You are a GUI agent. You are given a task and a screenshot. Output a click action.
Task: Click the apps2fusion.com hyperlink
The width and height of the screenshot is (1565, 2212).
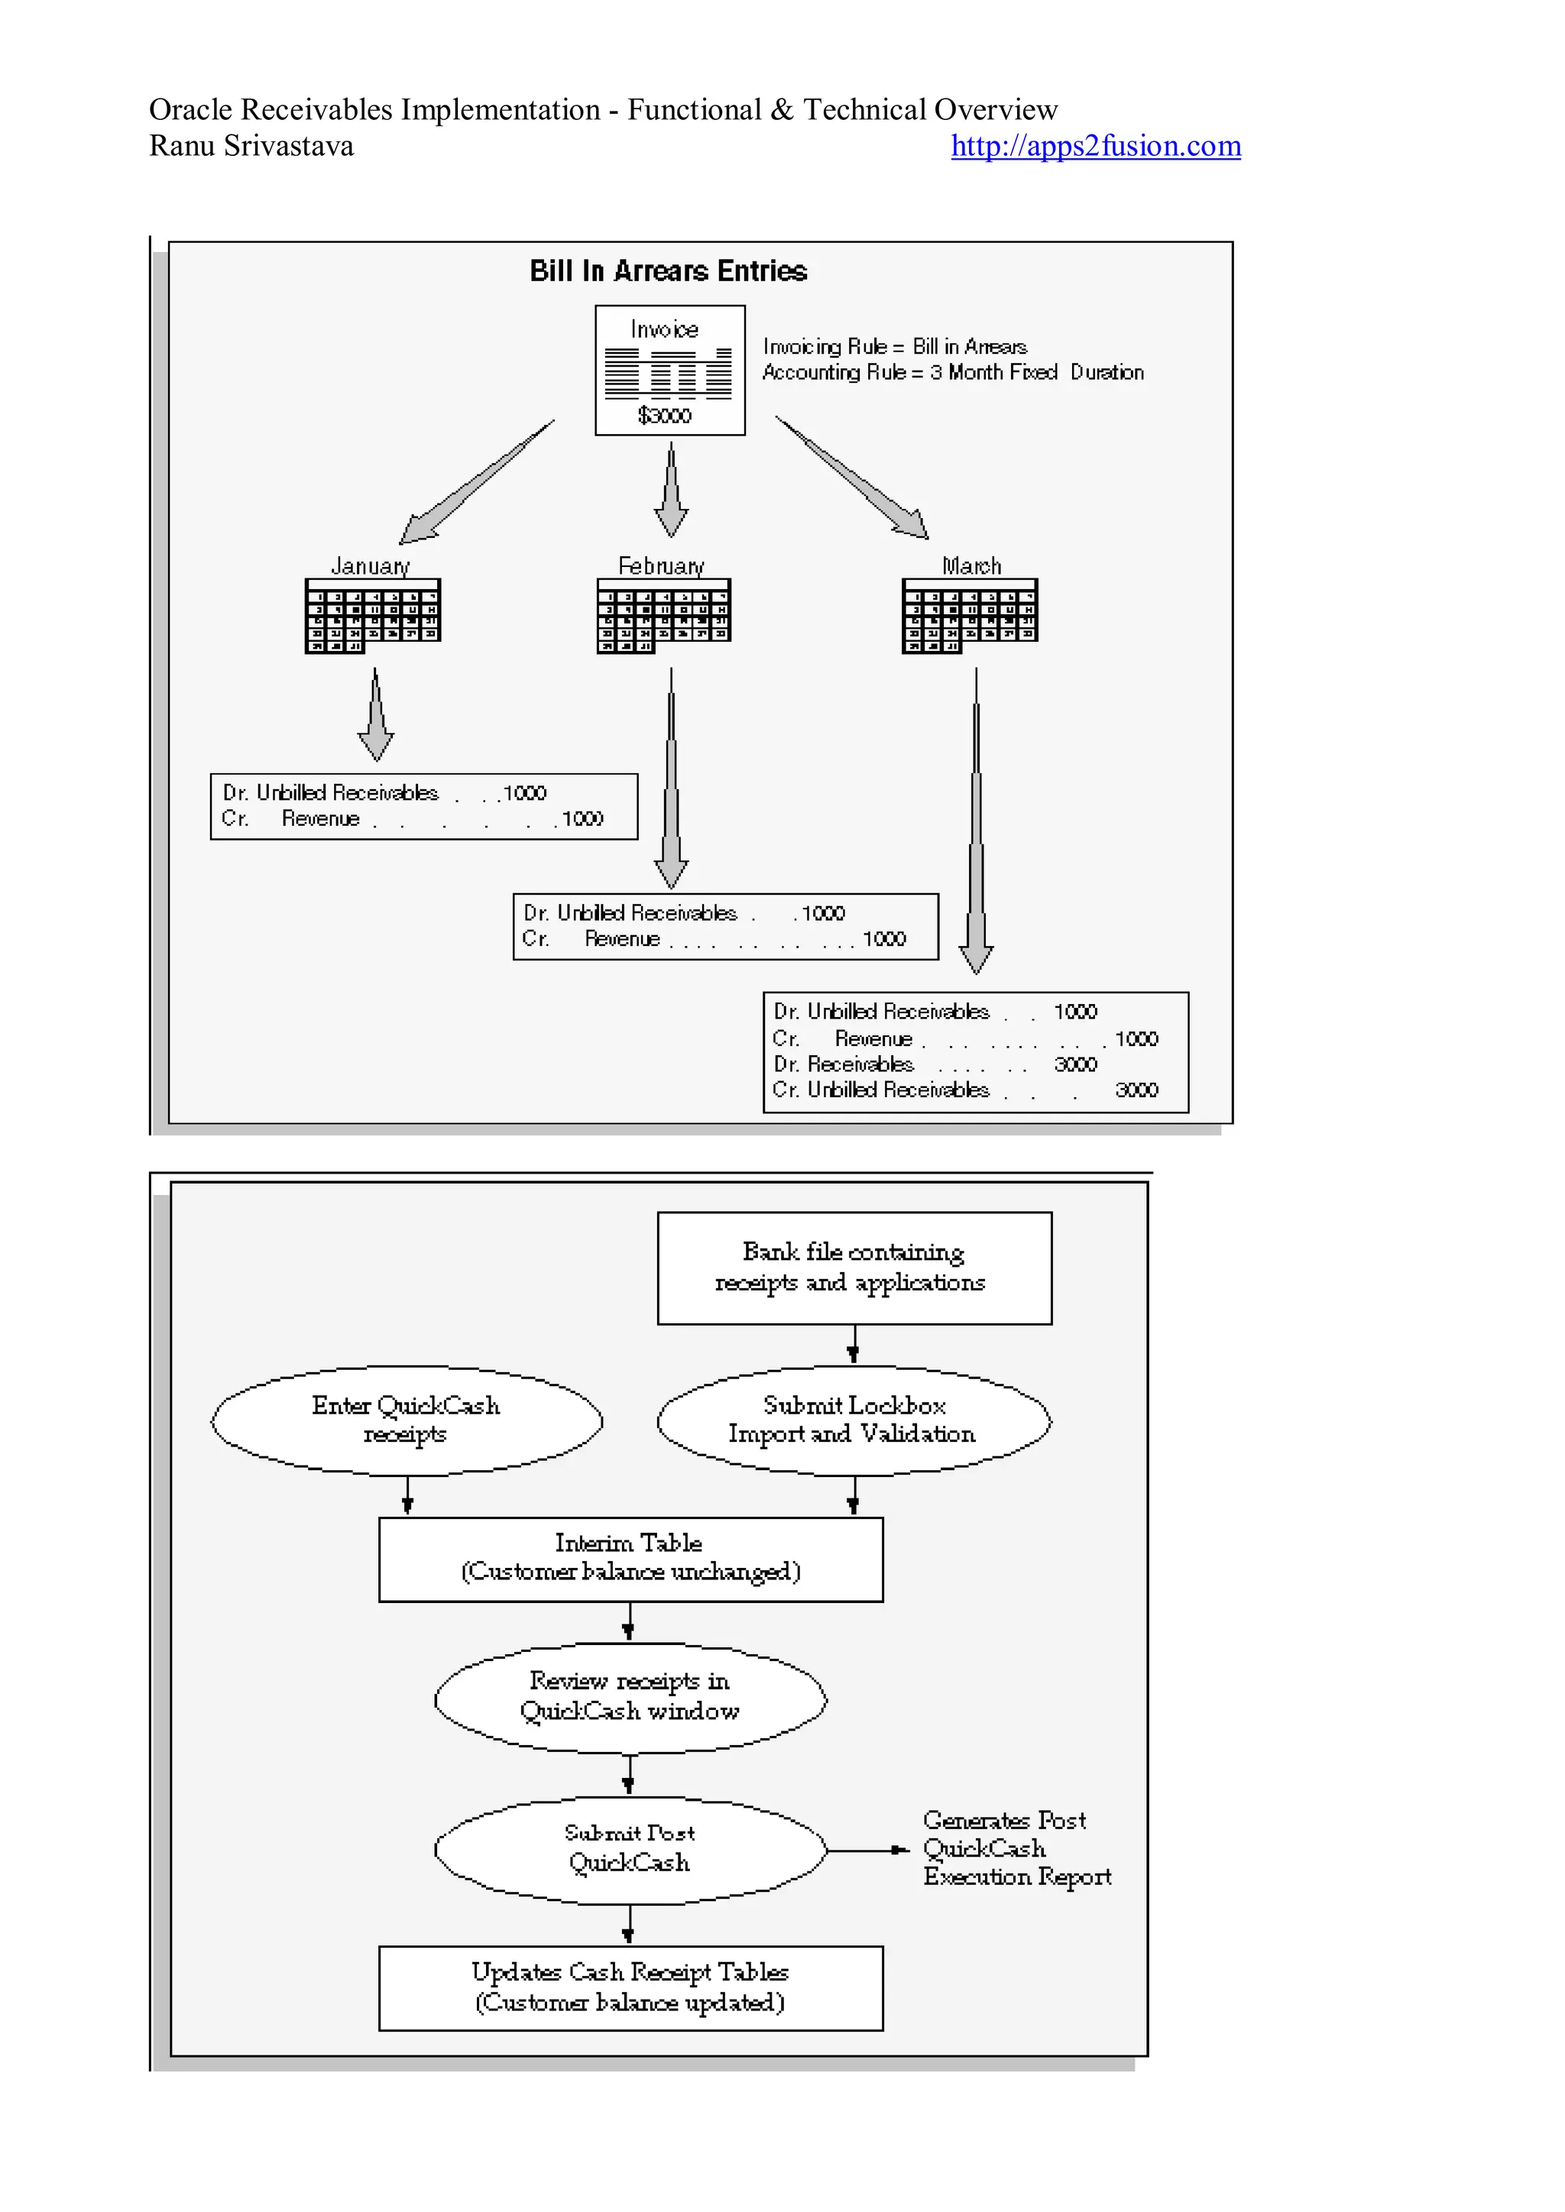(1095, 147)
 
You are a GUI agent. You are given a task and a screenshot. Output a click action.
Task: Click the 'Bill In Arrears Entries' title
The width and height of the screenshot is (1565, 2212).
(668, 270)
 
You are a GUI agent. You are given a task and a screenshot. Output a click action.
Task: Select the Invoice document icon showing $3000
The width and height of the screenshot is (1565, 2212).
(669, 370)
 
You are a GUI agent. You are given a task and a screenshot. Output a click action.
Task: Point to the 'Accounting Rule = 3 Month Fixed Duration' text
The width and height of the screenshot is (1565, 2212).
(952, 373)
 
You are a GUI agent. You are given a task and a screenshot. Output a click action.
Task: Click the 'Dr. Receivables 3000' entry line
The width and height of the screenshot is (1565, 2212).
(935, 1064)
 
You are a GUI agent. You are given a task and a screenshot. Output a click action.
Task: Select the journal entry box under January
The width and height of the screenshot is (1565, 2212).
(424, 806)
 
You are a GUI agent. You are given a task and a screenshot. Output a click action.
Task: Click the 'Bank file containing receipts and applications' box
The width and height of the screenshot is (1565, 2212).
(854, 1268)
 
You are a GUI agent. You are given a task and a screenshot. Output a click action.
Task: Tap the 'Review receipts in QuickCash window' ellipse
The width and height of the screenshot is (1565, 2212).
(630, 1696)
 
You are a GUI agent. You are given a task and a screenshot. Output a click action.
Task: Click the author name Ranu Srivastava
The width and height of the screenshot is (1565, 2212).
(251, 147)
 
